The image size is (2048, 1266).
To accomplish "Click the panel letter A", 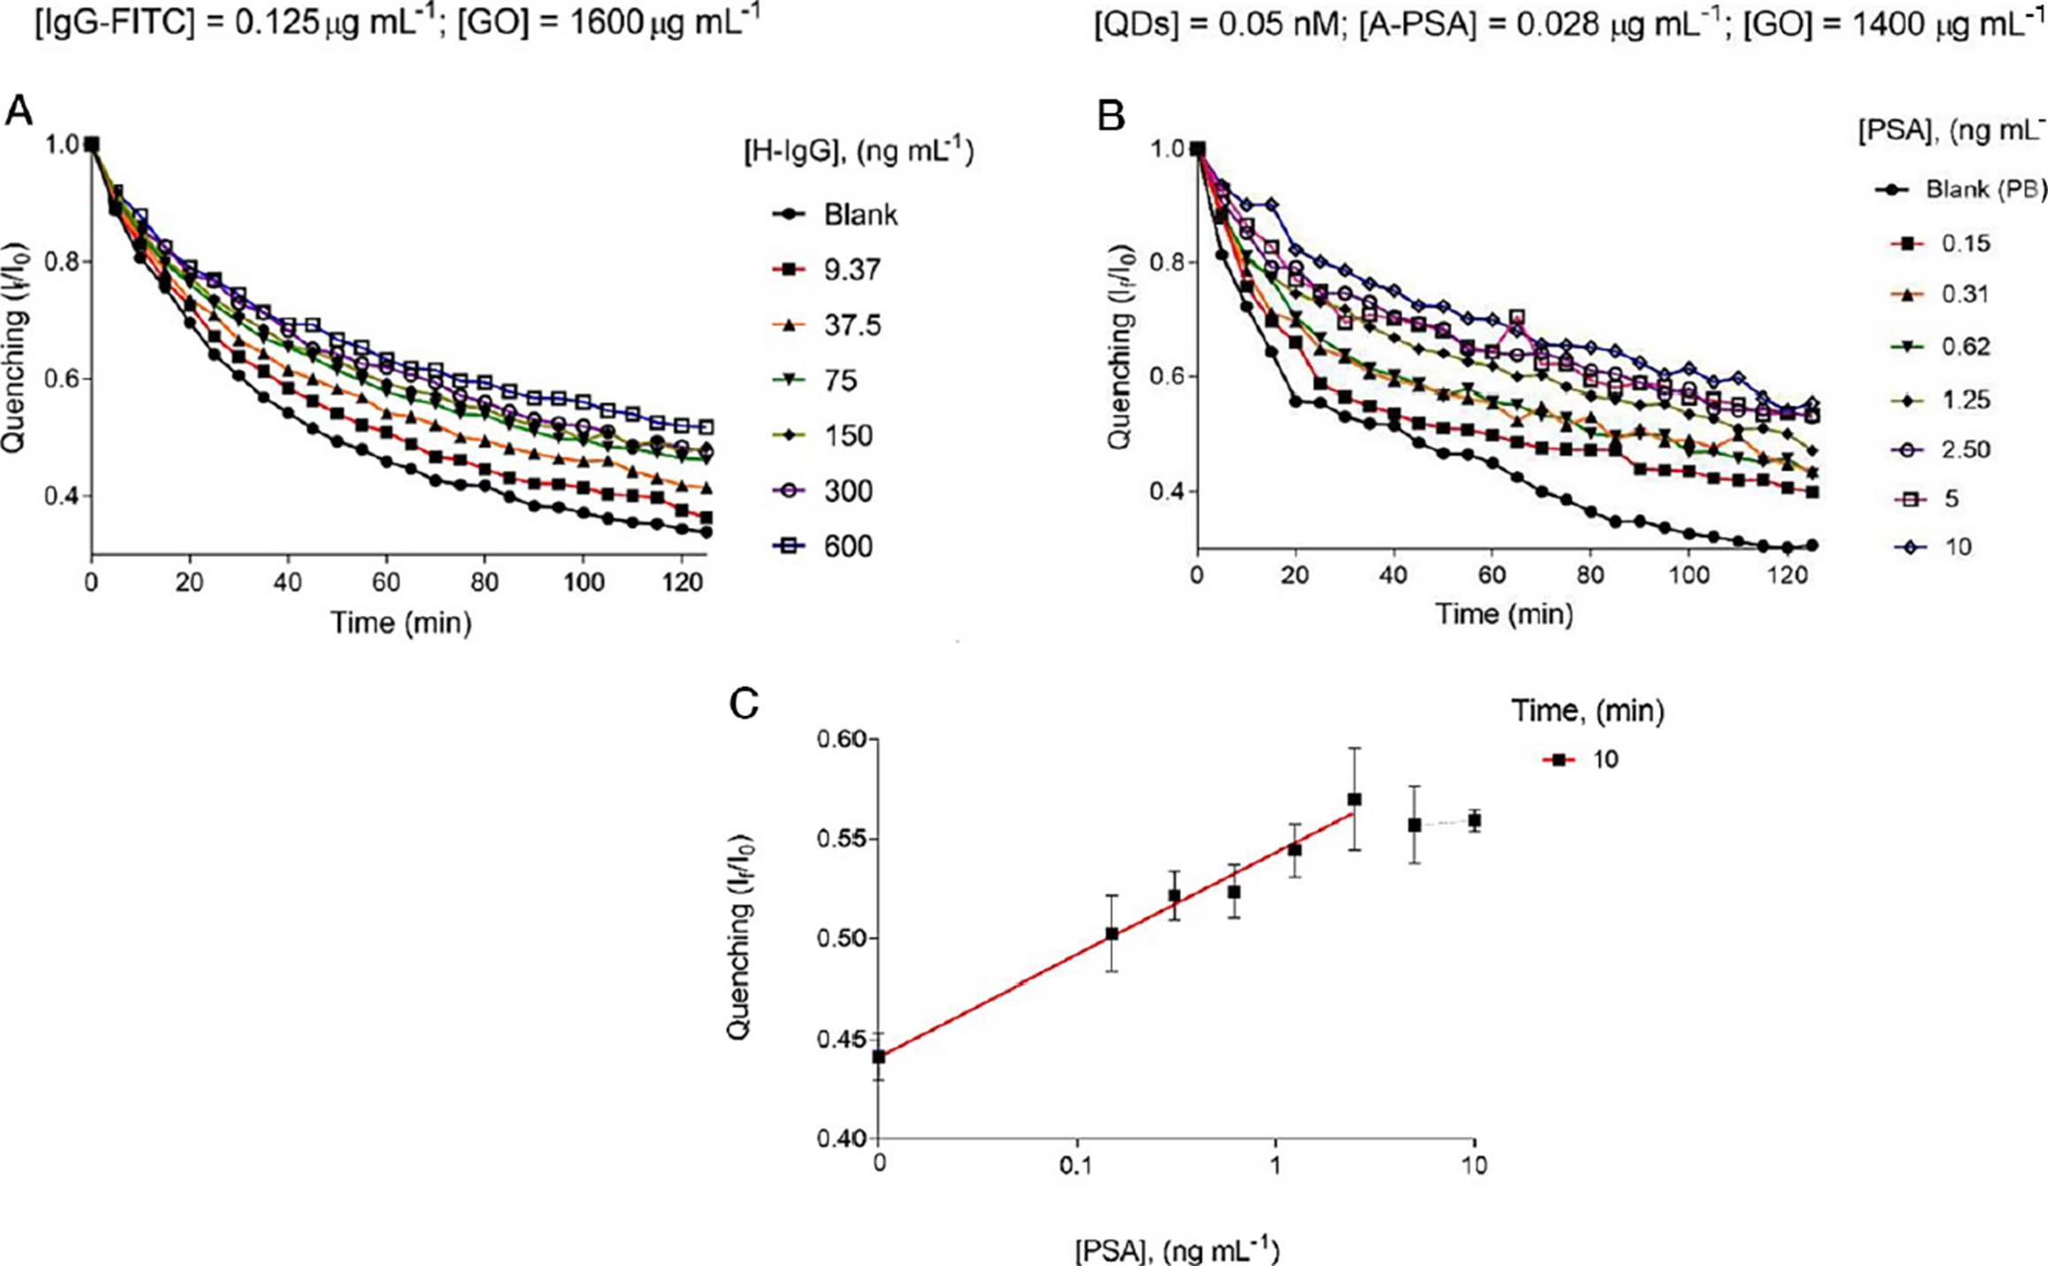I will (x=19, y=112).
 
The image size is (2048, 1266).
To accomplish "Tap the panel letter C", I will (x=743, y=704).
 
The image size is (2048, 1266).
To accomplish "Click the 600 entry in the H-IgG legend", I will (x=848, y=546).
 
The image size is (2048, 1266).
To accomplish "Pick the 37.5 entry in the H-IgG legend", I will (x=852, y=326).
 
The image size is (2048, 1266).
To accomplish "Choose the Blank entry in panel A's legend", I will (x=860, y=215).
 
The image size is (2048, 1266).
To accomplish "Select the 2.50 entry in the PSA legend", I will (x=1966, y=450).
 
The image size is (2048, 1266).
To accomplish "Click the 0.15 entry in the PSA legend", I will (x=1966, y=243).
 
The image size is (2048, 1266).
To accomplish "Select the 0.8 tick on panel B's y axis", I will (x=1166, y=263).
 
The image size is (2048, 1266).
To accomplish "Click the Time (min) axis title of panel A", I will (x=401, y=623).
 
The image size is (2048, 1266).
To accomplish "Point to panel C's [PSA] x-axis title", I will (x=1178, y=1251).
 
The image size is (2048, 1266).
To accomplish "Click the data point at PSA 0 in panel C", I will (x=878, y=1056).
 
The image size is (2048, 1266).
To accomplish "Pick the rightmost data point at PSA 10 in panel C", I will (x=1474, y=822).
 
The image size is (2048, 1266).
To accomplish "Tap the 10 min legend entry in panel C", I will (x=1605, y=760).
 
